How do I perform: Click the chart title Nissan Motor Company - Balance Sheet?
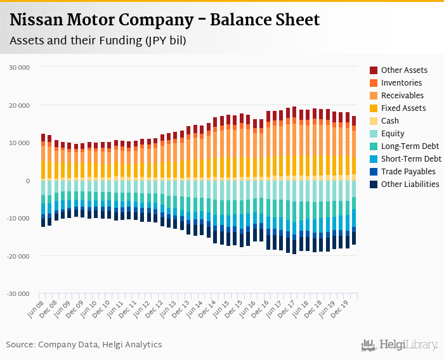(165, 20)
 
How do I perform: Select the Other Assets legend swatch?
(374, 70)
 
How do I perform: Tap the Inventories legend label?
(402, 83)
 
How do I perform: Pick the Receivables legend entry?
(403, 96)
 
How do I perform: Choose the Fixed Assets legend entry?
(403, 108)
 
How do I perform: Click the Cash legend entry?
(391, 121)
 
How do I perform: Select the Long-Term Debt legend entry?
(410, 146)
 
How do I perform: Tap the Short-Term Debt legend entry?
(411, 159)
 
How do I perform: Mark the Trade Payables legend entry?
(408, 172)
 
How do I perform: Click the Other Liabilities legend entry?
(410, 184)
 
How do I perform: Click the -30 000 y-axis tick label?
(18, 294)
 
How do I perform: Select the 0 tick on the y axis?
(28, 181)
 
